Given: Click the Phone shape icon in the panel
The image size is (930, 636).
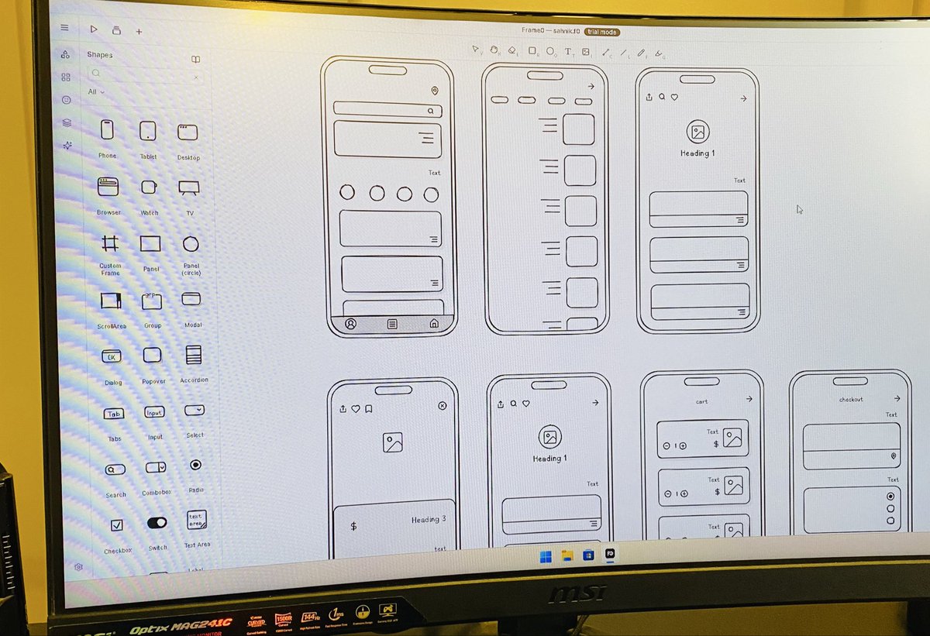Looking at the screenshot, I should pos(107,129).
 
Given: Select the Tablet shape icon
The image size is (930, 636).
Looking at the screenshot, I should pos(147,131).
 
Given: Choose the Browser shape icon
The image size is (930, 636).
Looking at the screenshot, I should pos(108,186).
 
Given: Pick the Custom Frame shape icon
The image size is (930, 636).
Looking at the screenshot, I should pos(110,243).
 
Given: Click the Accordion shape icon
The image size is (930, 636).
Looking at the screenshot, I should pos(193,355).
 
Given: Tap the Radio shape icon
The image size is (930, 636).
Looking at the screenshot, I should pos(195,465).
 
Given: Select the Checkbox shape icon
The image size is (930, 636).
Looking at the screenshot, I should pos(116,525).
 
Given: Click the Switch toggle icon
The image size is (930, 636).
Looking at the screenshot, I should pos(157,523).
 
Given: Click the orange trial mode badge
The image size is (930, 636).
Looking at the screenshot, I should pos(602,32).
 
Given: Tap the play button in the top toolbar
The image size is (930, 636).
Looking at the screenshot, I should pos(94,29).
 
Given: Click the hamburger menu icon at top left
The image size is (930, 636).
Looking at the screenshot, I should pos(65,27).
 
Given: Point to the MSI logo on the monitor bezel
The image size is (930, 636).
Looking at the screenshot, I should pos(578,593).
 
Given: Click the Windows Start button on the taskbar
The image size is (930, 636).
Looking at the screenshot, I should pos(546,555).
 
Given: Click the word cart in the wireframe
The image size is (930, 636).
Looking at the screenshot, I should pos(702,401).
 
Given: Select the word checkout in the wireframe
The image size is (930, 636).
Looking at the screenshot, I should pos(851,400).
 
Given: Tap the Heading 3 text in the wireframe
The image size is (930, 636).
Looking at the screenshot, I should pos(429,519).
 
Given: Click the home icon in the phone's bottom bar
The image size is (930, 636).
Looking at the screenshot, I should pos(434,323).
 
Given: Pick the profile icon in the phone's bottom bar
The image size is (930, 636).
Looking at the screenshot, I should pos(350,324).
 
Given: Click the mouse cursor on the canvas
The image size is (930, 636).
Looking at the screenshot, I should pos(800,209).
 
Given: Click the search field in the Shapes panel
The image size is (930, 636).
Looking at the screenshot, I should pos(143,74).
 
